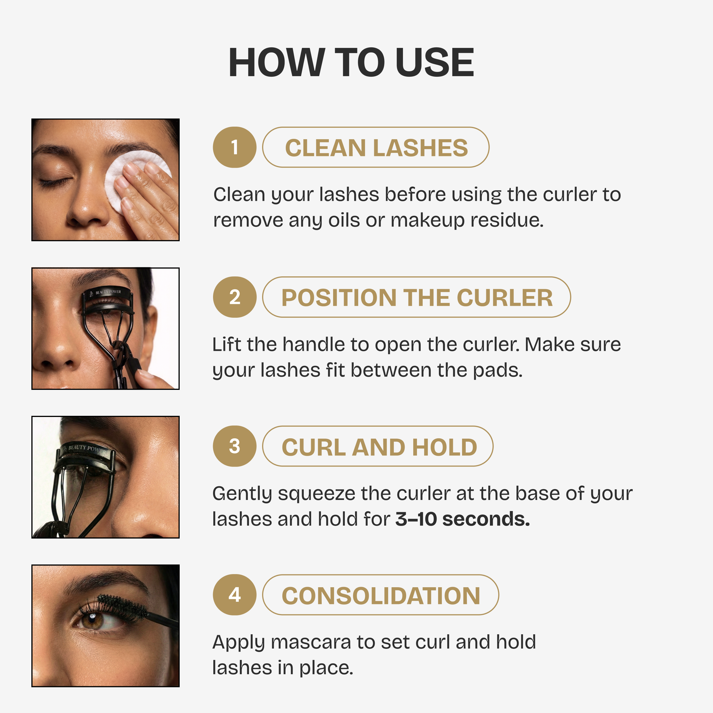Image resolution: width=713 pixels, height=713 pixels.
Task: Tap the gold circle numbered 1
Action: (x=234, y=147)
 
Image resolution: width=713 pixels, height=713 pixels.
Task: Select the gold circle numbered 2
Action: (x=234, y=297)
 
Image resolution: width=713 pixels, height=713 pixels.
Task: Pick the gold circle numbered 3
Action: (x=234, y=446)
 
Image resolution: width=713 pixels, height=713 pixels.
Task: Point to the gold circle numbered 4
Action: (x=234, y=595)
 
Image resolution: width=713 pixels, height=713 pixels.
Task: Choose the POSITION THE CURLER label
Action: (x=417, y=297)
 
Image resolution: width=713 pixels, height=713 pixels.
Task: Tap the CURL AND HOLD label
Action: (x=379, y=447)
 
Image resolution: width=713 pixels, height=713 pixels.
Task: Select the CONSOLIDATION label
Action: (x=381, y=596)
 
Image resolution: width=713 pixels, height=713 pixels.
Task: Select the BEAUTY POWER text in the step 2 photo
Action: (x=108, y=292)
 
